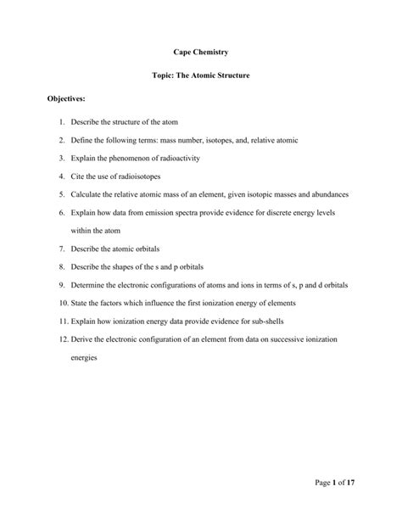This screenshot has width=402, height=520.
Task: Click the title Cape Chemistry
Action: (200, 53)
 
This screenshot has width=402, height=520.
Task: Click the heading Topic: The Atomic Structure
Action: (200, 76)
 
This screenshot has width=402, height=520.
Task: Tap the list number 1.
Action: (63, 123)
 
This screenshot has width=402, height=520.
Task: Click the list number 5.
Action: (63, 194)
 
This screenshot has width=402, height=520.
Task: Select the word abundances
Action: (327, 194)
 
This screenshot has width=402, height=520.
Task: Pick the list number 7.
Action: (63, 248)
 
